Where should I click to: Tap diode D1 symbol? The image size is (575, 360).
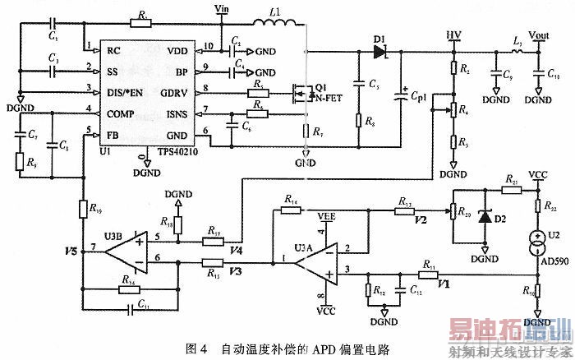click(x=379, y=51)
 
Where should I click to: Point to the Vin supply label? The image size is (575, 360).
click(x=220, y=8)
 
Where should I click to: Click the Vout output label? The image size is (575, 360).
click(x=539, y=35)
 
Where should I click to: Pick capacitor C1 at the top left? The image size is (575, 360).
click(x=52, y=23)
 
